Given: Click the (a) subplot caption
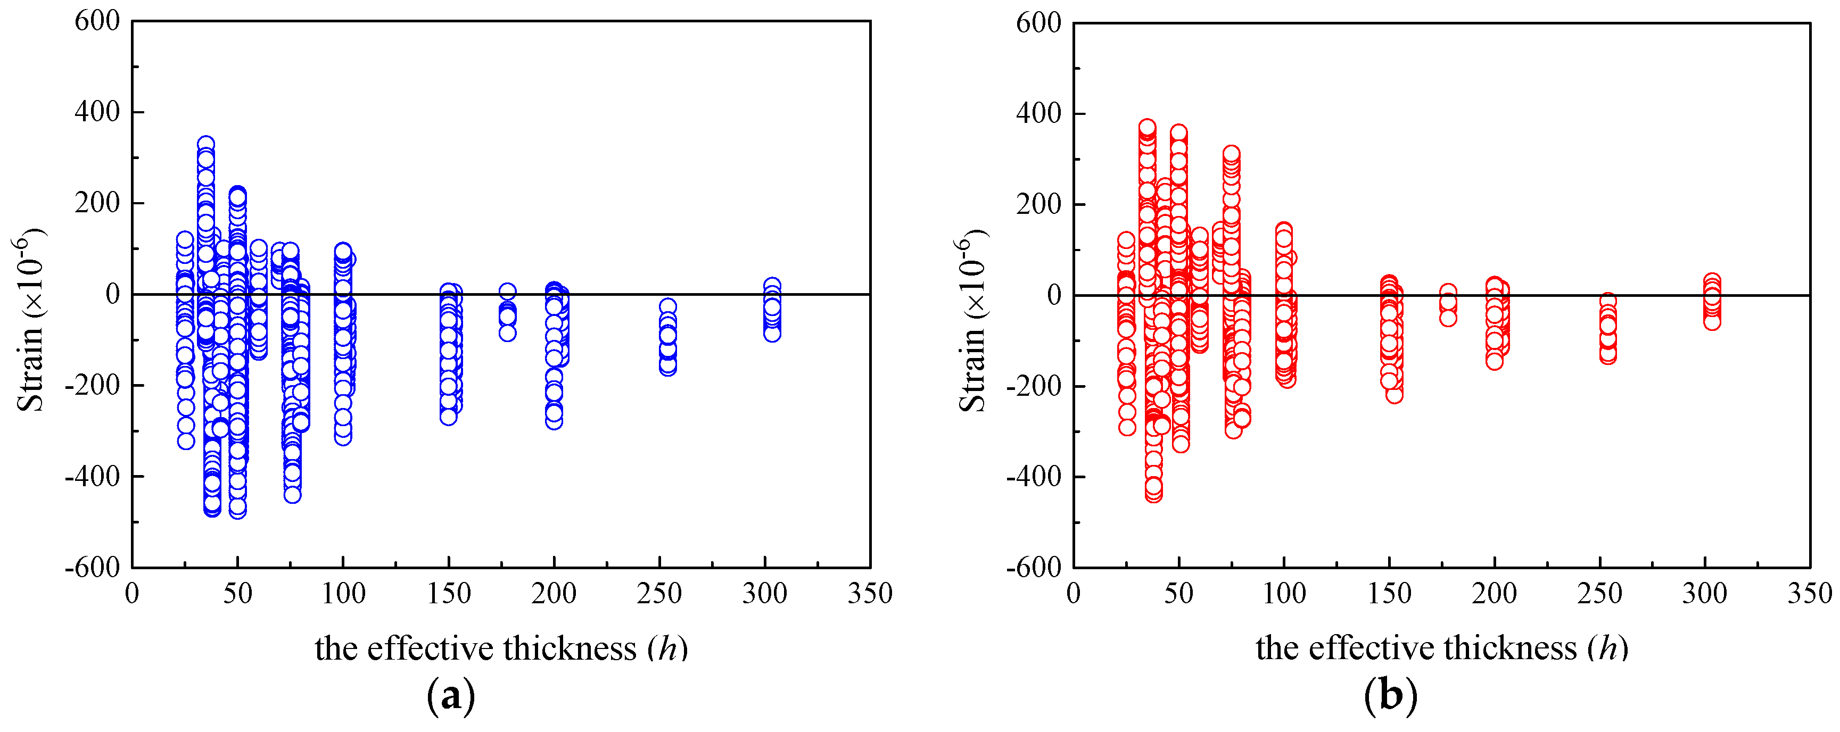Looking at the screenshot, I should (x=451, y=695).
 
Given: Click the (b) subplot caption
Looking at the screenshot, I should (x=1390, y=695).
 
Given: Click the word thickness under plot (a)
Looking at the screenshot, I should (x=570, y=648).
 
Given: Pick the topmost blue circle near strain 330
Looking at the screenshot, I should (x=205, y=144).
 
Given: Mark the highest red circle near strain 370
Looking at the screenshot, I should (x=1147, y=128).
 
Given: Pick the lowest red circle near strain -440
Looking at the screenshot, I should (x=1153, y=493).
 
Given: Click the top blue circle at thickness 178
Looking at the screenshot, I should (x=507, y=292).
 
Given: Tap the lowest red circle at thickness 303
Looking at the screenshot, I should (x=1712, y=322).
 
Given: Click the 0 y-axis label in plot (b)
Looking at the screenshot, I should (x=1053, y=294).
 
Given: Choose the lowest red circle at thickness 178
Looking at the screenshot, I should (x=1448, y=318).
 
